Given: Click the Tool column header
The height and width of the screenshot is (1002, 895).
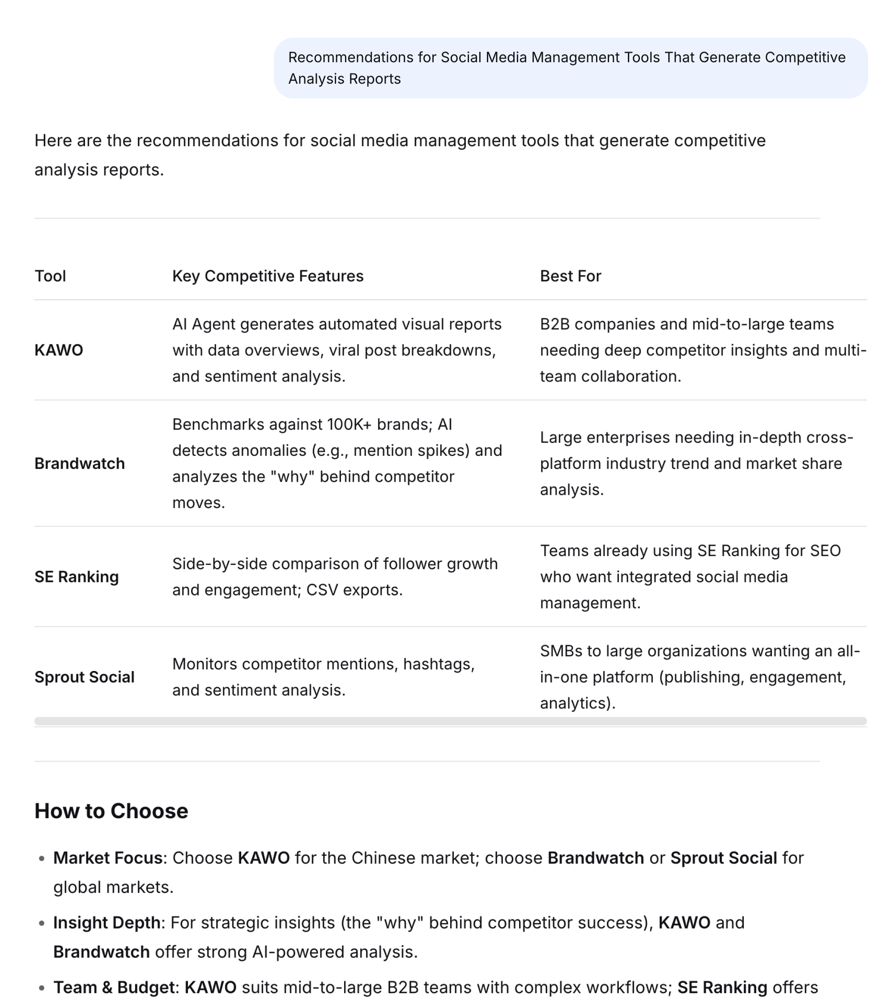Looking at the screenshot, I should (50, 276).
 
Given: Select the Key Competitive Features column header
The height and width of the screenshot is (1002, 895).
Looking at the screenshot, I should (268, 276).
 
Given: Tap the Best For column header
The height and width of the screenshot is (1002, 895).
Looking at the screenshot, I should (571, 276).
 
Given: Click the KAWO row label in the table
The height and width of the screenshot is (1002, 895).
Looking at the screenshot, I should (59, 350).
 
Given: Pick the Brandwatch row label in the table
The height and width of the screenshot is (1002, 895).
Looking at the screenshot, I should (79, 463).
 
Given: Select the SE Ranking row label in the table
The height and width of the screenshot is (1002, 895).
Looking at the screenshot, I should (76, 577).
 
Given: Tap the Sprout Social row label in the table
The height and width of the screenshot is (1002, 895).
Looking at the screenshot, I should (84, 677).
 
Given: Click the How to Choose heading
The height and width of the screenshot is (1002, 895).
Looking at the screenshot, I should (111, 811).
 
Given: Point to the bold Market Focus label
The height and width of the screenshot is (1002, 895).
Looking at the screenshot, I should (108, 858).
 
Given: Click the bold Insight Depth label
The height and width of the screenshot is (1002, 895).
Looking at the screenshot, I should (107, 922).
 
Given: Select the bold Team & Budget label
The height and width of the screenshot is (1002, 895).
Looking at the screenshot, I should (114, 987).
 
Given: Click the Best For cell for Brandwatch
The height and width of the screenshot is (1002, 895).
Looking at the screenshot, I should (696, 463).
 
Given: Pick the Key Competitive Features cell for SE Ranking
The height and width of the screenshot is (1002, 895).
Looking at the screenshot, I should (334, 577).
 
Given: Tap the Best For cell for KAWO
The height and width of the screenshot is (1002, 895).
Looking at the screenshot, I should (702, 350).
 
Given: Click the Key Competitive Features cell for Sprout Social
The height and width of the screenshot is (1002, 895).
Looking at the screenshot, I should (323, 677).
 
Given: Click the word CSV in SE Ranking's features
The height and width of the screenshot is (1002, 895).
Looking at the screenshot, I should (322, 590).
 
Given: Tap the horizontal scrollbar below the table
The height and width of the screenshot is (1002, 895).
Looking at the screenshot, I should (450, 721).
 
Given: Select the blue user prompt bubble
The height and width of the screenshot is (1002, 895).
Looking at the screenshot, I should (571, 68).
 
